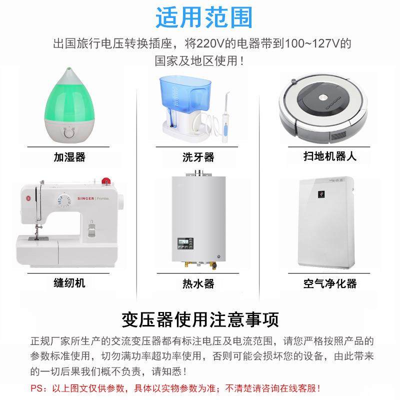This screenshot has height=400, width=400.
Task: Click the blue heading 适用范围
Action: pyautogui.click(x=204, y=17)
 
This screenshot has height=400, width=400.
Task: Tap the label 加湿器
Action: pyautogui.click(x=70, y=157)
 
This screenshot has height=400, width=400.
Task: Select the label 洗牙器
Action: pyautogui.click(x=198, y=157)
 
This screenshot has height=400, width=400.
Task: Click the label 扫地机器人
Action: pyautogui.click(x=330, y=156)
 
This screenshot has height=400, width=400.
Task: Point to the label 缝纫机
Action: pyautogui.click(x=69, y=283)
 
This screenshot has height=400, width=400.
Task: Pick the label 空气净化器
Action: pyautogui.click(x=330, y=283)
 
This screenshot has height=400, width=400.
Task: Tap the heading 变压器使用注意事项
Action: pyautogui.click(x=200, y=318)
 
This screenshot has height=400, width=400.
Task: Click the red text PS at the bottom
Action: pyautogui.click(x=37, y=388)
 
